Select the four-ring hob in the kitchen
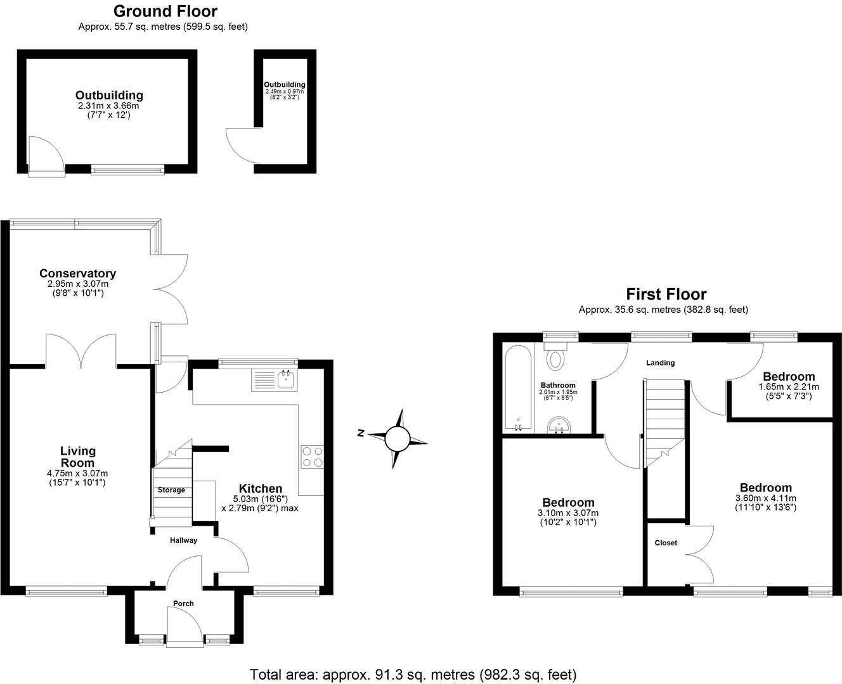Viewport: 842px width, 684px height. (x=313, y=457)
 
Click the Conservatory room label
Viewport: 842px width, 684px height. (x=77, y=274)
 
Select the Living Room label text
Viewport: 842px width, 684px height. (x=78, y=457)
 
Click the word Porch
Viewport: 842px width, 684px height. (x=184, y=604)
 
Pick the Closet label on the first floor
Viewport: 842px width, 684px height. (x=666, y=543)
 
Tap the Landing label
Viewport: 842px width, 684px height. (x=660, y=363)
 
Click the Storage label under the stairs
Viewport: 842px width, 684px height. (x=171, y=490)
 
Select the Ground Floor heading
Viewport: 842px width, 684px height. (x=165, y=11)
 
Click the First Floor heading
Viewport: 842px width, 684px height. (x=666, y=294)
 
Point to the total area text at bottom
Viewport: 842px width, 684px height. (x=413, y=674)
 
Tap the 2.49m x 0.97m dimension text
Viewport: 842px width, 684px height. (x=285, y=91)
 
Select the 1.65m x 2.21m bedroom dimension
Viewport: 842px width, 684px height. (x=789, y=387)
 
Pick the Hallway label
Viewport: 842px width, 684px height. (x=183, y=540)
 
